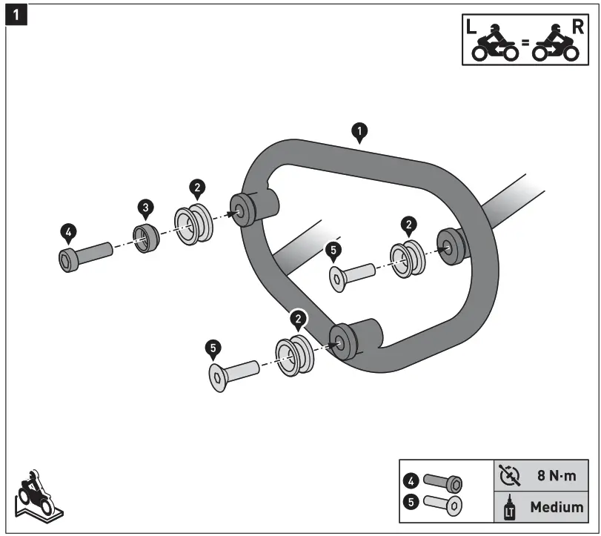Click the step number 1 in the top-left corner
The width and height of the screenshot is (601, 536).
tap(16, 15)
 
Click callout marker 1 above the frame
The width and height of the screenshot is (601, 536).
tap(359, 133)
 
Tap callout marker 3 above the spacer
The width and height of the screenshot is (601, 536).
tap(145, 208)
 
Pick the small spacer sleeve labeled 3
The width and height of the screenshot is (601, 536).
tap(147, 239)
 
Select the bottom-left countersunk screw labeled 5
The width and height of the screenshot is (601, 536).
tap(233, 372)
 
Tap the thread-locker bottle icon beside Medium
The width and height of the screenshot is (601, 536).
tap(510, 508)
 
